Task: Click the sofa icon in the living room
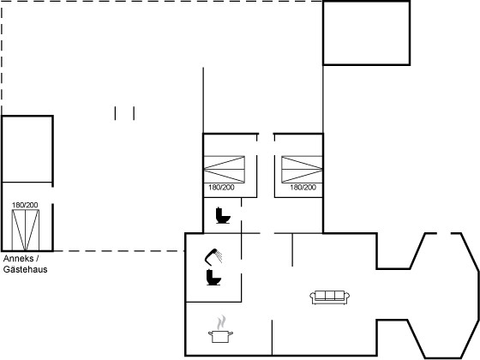pyautogui.click(x=329, y=297)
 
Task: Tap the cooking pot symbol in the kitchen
pyautogui.click(x=220, y=336)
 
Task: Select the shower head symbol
pyautogui.click(x=213, y=256)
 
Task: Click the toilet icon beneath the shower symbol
pyautogui.click(x=213, y=277)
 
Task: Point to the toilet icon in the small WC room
pyautogui.click(x=223, y=215)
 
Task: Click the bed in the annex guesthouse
pyautogui.click(x=26, y=231)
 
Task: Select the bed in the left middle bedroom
pyautogui.click(x=225, y=170)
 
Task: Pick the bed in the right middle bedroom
pyautogui.click(x=302, y=170)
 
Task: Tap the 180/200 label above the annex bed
pyautogui.click(x=25, y=205)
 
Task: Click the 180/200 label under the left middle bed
pyautogui.click(x=221, y=188)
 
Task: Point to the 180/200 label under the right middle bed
pyautogui.click(x=303, y=188)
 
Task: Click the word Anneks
pyautogui.click(x=18, y=259)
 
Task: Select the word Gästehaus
pyautogui.click(x=26, y=269)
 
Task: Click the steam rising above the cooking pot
pyautogui.click(x=221, y=322)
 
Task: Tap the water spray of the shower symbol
pyautogui.click(x=219, y=256)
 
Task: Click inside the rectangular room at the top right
pyautogui.click(x=367, y=33)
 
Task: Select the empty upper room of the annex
pyautogui.click(x=27, y=149)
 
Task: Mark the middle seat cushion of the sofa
pyautogui.click(x=330, y=296)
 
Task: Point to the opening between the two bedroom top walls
pyautogui.click(x=266, y=134)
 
